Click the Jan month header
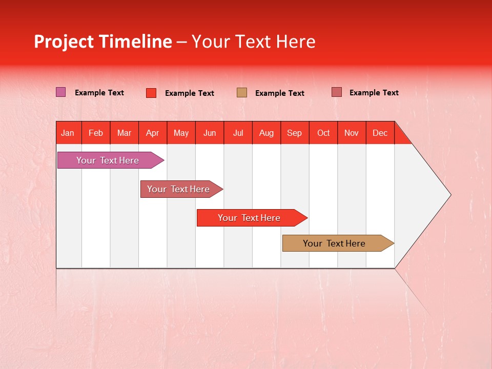click(x=68, y=133)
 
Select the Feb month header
click(x=96, y=133)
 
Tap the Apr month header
click(x=153, y=133)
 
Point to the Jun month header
click(x=210, y=133)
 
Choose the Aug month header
click(x=266, y=133)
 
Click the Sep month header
click(x=295, y=133)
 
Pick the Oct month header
click(x=323, y=133)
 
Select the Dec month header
click(x=380, y=133)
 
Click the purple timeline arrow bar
click(x=108, y=160)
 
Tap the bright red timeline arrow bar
click(x=250, y=218)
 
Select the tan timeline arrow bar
click(x=335, y=243)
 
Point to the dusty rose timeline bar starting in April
click(x=179, y=189)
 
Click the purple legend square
click(x=61, y=92)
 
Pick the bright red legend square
click(x=151, y=93)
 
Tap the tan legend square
click(x=242, y=92)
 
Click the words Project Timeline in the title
click(x=103, y=42)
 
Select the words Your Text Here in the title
click(x=254, y=42)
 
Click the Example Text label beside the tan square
click(x=280, y=93)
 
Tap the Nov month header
click(x=352, y=133)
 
